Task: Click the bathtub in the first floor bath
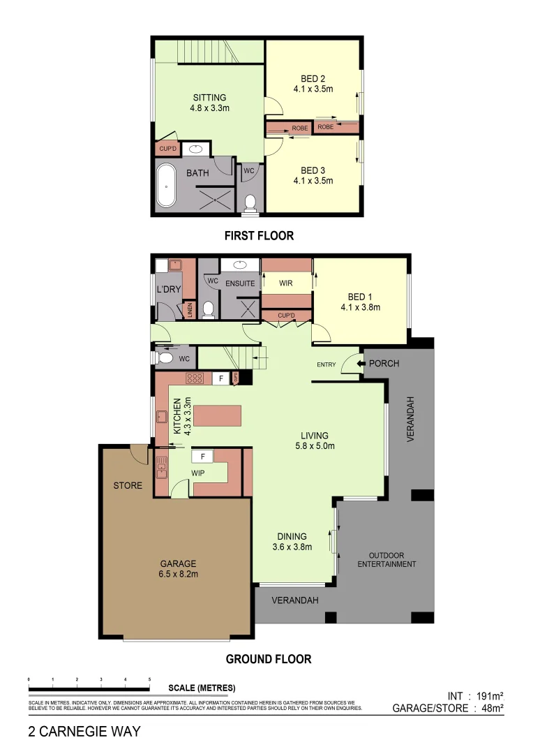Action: pos(166,185)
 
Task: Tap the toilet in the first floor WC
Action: pos(250,202)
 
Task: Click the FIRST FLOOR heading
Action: pos(259,236)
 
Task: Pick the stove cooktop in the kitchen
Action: pos(195,378)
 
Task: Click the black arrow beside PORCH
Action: pos(359,364)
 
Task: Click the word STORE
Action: pos(128,485)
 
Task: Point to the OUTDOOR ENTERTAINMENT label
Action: pos(386,559)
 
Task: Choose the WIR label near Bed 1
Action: pos(285,283)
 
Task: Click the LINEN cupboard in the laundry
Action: pos(188,310)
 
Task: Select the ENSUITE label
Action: pos(239,283)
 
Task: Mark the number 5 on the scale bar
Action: pos(149,679)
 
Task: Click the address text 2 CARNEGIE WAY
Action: pos(84,732)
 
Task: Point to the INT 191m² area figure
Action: pos(475,696)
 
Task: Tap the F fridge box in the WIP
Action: pos(203,456)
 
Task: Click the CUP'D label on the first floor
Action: pos(167,149)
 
